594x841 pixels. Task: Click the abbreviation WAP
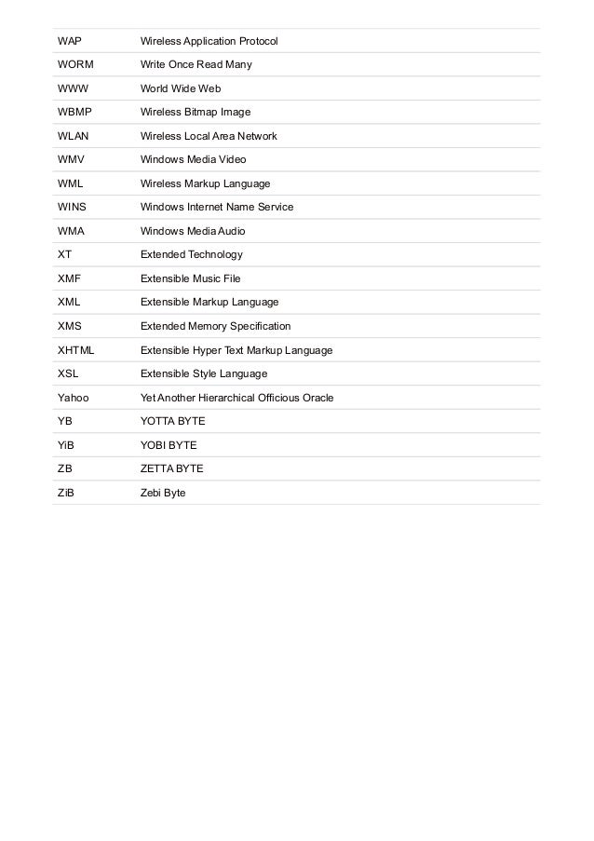click(x=69, y=42)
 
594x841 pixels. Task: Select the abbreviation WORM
click(x=75, y=65)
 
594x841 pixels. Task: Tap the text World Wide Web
click(x=181, y=89)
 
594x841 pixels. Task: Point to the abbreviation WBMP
click(x=74, y=113)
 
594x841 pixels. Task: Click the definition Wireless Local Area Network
click(x=209, y=136)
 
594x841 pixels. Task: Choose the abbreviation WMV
click(x=71, y=160)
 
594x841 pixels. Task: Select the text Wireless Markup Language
click(x=205, y=183)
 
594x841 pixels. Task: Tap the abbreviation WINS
click(x=72, y=207)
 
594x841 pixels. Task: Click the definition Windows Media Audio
click(x=193, y=231)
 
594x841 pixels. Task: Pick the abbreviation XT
click(x=64, y=254)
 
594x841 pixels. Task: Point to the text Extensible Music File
click(x=190, y=278)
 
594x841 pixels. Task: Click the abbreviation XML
click(x=69, y=302)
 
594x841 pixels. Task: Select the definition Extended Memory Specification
click(x=215, y=326)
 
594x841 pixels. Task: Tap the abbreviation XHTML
click(x=76, y=350)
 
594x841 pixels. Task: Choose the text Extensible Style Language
click(x=203, y=373)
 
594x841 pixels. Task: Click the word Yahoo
click(x=73, y=398)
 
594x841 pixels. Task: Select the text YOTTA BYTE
click(x=172, y=421)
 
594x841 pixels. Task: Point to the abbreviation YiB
click(x=66, y=445)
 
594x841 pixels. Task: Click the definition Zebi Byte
click(x=163, y=493)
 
